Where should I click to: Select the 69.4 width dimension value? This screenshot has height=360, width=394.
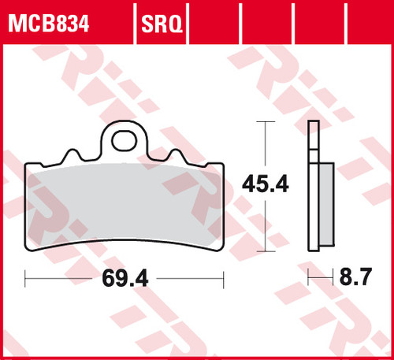pos(125,278)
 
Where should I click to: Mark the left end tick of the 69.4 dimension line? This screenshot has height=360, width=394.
pos(25,278)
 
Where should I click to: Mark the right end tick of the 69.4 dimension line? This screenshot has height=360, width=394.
pos(225,278)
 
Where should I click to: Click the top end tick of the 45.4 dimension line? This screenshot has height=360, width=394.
pos(264,123)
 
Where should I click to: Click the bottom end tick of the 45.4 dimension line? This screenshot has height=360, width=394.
pos(264,251)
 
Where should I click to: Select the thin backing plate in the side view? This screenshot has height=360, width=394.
pos(312,189)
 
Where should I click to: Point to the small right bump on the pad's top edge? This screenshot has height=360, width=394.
pos(177,157)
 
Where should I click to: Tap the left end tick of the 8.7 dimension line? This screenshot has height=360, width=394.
pos(308,278)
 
